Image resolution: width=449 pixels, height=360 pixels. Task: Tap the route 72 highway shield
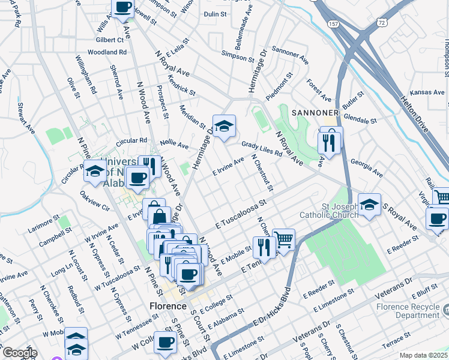(x=381, y=22)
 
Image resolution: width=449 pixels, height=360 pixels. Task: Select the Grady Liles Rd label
(x=262, y=149)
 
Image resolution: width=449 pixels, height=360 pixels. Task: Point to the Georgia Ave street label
(x=367, y=167)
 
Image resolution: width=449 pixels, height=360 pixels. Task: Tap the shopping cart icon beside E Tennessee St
(x=284, y=239)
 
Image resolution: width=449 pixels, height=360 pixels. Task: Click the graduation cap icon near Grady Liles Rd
(x=224, y=125)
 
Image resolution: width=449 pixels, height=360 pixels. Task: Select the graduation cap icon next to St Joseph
(x=369, y=203)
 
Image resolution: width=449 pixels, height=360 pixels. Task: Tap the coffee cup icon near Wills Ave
(x=123, y=7)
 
